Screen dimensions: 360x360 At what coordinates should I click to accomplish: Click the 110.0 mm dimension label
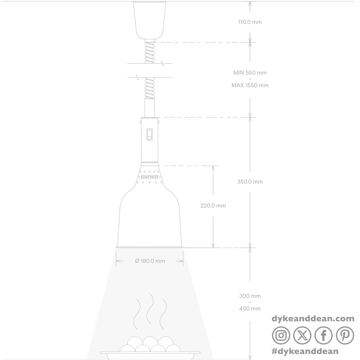(x=250, y=22)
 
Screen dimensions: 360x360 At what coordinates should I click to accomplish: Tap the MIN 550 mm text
(x=250, y=73)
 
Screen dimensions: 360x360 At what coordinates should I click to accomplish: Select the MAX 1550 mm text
(x=250, y=85)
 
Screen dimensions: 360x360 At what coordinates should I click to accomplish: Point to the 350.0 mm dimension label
(x=250, y=181)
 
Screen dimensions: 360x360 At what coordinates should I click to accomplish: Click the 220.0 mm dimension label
(x=213, y=206)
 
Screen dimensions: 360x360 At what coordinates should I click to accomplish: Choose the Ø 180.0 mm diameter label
(x=150, y=261)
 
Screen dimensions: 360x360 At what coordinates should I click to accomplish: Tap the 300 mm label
(x=250, y=301)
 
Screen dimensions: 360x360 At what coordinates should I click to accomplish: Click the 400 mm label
(x=250, y=314)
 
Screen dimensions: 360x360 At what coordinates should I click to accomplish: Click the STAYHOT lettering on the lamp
(x=149, y=177)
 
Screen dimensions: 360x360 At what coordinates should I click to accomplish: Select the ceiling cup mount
(x=149, y=20)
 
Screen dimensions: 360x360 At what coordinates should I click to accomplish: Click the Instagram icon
(x=281, y=335)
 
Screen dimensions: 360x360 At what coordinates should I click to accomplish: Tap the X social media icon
(x=302, y=335)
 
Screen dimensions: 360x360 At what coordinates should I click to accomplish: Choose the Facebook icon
(x=323, y=335)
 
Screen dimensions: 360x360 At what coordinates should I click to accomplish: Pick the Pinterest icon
(x=345, y=335)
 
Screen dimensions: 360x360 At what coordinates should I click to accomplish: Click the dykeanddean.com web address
(x=313, y=319)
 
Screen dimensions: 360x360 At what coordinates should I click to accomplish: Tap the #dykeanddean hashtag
(x=305, y=351)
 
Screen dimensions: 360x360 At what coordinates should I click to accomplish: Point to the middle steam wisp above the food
(x=150, y=308)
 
